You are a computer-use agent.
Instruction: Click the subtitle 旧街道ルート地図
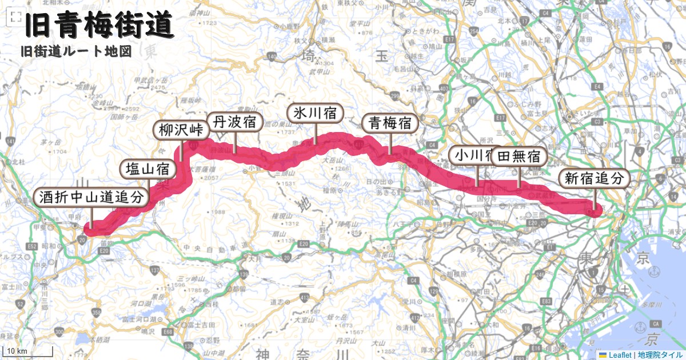(x=76, y=51)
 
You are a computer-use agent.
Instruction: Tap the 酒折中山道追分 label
(x=91, y=198)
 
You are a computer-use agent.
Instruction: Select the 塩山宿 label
(x=147, y=169)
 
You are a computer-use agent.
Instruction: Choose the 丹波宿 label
(x=234, y=122)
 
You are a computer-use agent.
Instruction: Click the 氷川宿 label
(x=314, y=113)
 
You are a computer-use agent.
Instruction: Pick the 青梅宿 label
(x=390, y=123)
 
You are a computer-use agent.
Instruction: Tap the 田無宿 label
(x=519, y=156)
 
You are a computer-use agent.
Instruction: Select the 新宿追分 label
(x=594, y=178)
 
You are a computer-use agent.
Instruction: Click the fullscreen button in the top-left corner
(x=16, y=18)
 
